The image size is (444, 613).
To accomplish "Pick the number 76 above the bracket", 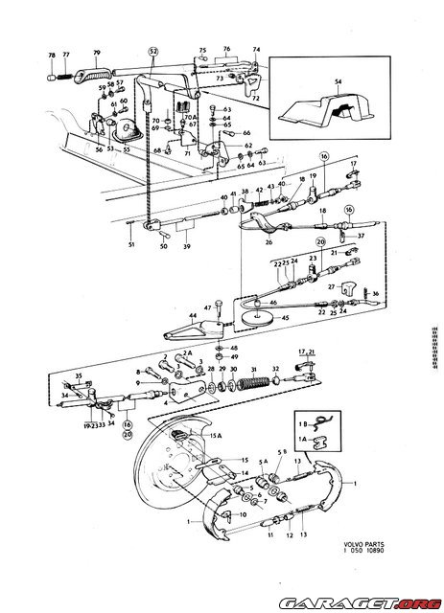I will point(227,48).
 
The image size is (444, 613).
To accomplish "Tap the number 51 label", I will point(131,245).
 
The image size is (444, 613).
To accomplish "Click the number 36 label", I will point(375,293).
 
